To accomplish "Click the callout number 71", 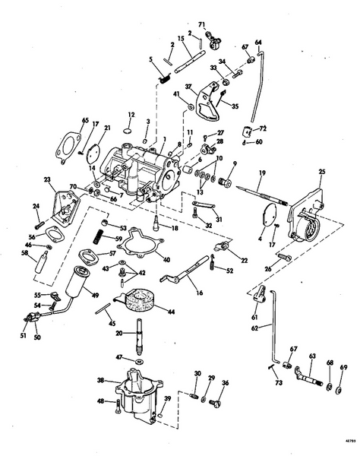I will (x=203, y=25).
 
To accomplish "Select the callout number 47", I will (x=119, y=356).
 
